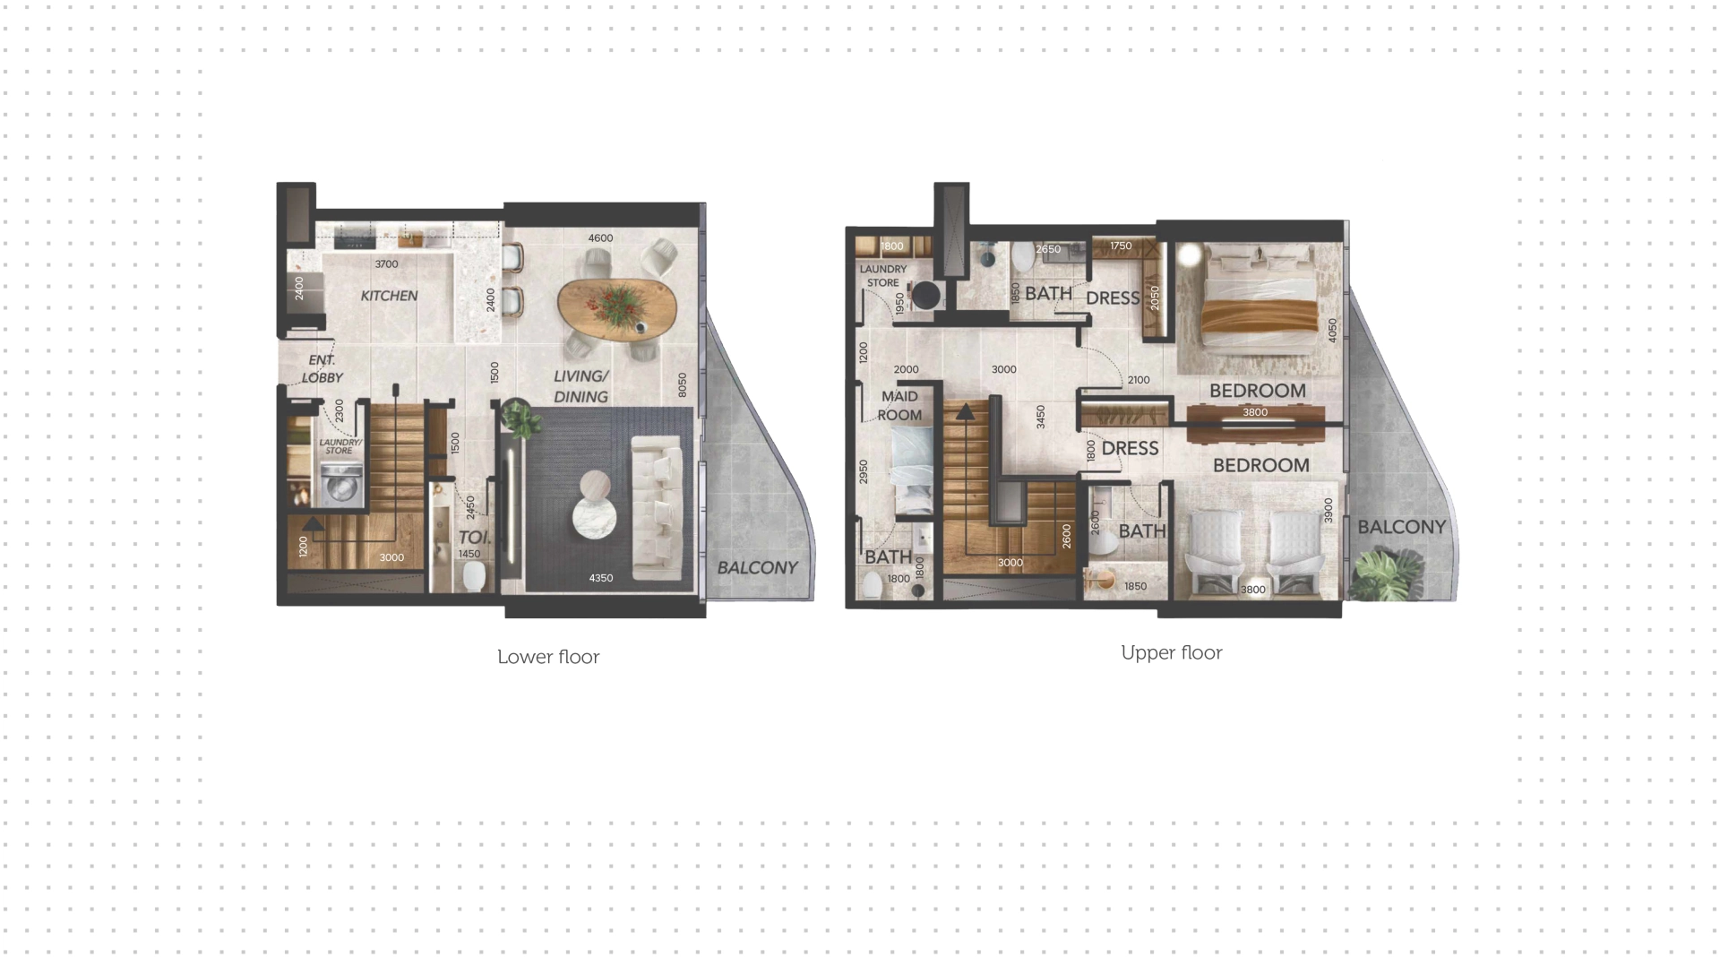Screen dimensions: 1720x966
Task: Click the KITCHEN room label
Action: [x=389, y=296]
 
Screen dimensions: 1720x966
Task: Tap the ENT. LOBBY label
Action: [x=322, y=369]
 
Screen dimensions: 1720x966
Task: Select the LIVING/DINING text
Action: [x=580, y=386]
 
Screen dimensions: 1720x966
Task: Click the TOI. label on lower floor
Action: [x=474, y=538]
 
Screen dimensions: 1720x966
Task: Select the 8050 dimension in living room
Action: [x=683, y=385]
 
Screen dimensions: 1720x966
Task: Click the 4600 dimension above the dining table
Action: [x=600, y=238]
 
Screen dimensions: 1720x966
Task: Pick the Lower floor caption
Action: [x=548, y=657]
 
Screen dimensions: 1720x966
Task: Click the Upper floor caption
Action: [x=1172, y=652]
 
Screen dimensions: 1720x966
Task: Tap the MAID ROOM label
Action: [x=899, y=405]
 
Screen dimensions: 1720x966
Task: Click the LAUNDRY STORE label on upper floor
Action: [x=883, y=276]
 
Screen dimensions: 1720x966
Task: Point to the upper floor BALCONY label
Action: [x=1402, y=527]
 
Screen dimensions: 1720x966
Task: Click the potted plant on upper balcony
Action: [x=1385, y=575]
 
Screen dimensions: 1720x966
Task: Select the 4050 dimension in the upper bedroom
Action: [x=1332, y=332]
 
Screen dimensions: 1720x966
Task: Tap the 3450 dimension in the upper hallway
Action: [x=1040, y=418]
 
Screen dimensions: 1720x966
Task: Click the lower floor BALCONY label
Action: [x=757, y=568]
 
